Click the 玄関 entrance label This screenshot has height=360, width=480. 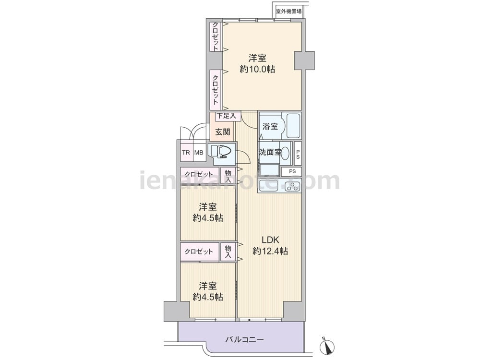(x=222, y=132)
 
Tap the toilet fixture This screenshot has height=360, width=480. (x=222, y=151)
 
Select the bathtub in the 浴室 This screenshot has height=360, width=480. (x=294, y=126)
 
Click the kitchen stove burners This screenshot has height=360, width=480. (x=293, y=186)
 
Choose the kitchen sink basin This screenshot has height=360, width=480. (x=268, y=185)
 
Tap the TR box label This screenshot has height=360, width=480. (x=186, y=153)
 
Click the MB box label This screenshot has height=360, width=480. (x=199, y=153)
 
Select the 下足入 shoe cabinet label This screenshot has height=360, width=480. (x=227, y=116)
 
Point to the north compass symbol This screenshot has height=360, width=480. (x=326, y=346)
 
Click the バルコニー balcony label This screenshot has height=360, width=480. (x=245, y=339)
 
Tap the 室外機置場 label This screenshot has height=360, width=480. (x=288, y=12)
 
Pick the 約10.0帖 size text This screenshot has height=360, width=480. (x=257, y=69)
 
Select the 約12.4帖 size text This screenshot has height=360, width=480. (x=270, y=252)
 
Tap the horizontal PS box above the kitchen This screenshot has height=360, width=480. (x=292, y=171)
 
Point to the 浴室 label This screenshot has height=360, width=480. (x=270, y=126)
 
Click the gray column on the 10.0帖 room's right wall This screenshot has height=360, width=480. (x=304, y=60)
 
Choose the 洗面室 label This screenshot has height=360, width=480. (x=270, y=152)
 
